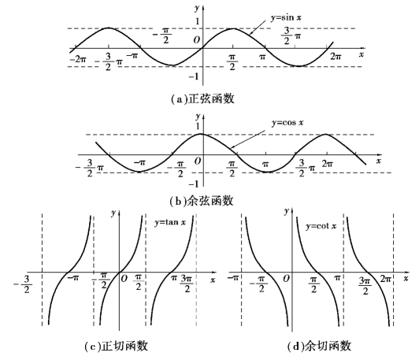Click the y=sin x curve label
pos(286,18)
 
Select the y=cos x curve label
pos(287,123)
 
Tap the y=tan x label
pos(170,222)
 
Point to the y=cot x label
pos(321,226)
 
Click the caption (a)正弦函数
pos(203,99)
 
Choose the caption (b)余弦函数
pos(202,201)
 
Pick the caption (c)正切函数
pos(117,346)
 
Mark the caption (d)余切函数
pos(319,346)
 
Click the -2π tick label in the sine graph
pos(78,59)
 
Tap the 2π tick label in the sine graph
pos(336,57)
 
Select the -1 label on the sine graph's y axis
pos(194,76)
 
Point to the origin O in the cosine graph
pos(198,161)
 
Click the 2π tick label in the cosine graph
pos(328,163)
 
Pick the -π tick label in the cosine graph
pos(139,162)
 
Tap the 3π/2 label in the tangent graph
pos(187,284)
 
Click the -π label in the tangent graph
pos(73,278)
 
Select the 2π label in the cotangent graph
pos(386,279)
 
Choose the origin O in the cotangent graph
pos(286,279)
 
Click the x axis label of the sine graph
pos(362,54)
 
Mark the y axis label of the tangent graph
pos(114,213)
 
